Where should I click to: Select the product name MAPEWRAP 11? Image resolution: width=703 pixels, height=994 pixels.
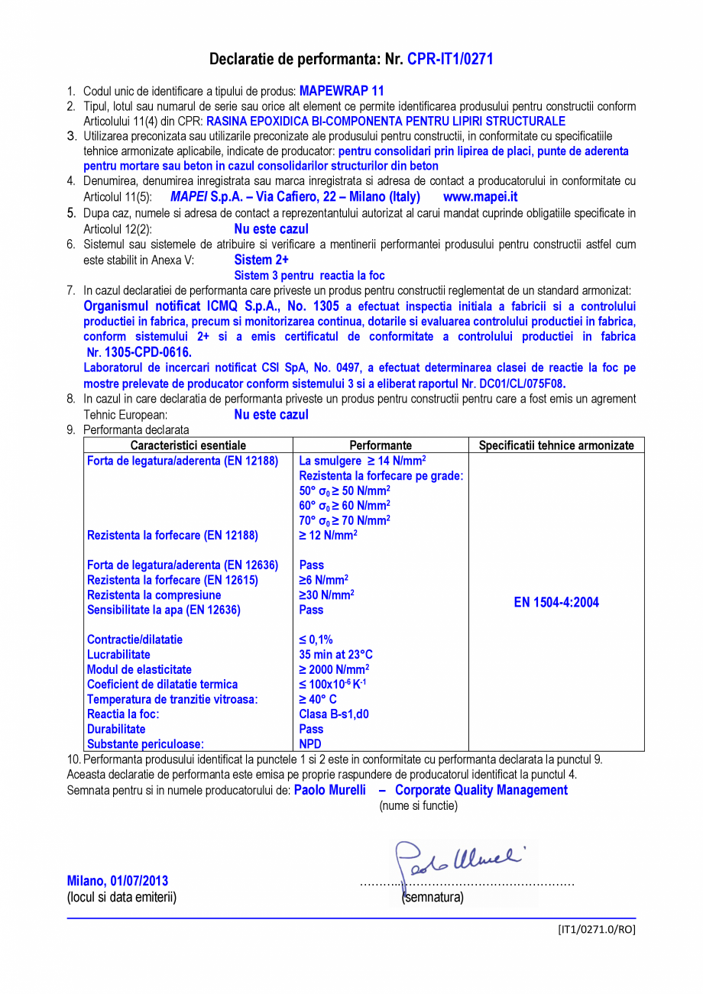pos(342,90)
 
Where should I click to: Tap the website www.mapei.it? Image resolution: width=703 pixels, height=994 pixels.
pos(480,196)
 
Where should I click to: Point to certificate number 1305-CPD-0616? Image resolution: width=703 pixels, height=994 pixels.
pos(139,352)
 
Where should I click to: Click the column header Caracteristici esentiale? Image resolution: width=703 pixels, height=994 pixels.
pos(188,445)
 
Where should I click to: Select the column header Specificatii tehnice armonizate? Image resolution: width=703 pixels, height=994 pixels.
pos(556,445)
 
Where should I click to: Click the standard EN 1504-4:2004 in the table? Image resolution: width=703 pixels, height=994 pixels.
pos(556,602)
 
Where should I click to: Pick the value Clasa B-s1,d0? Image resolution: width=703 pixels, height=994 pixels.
pos(332,714)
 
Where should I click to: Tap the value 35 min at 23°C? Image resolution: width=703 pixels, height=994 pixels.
pos(335,655)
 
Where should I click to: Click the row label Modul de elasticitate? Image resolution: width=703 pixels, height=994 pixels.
pos(139,669)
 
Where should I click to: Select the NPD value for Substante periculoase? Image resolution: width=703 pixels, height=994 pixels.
pos(310,743)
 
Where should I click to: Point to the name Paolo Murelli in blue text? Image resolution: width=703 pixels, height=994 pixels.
pos(329,790)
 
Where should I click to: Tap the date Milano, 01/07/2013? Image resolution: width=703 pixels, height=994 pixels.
pos(118,881)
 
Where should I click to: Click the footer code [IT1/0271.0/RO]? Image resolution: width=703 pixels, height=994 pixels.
pos(596,929)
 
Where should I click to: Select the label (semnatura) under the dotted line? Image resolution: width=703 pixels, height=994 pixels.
pos(432,897)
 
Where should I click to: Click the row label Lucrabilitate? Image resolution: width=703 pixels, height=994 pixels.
pos(118,655)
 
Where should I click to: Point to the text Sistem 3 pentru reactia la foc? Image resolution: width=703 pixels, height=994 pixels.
pos(309,275)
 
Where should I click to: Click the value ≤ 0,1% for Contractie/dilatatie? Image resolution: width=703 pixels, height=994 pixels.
pos(316,639)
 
